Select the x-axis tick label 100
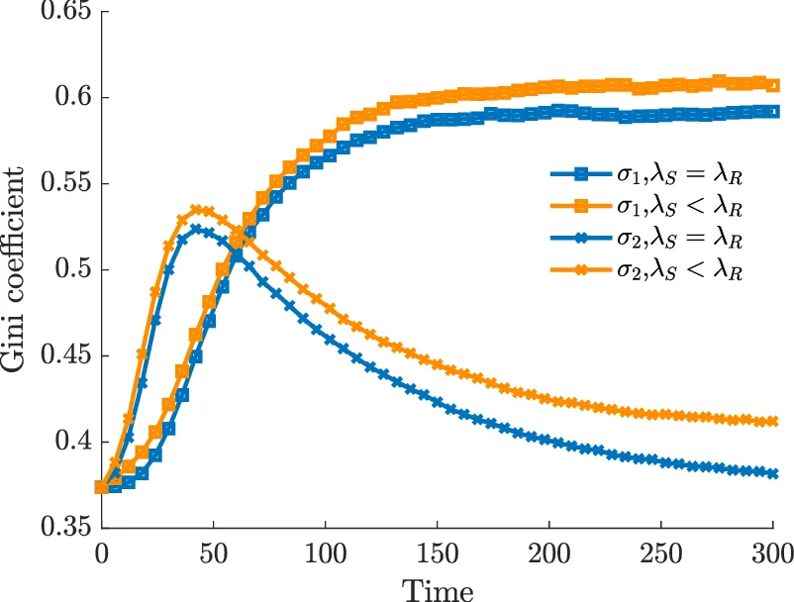click(325, 552)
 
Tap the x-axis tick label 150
click(437, 552)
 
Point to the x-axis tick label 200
click(548, 552)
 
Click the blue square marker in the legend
click(581, 174)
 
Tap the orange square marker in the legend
click(581, 206)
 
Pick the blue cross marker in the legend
click(581, 238)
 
